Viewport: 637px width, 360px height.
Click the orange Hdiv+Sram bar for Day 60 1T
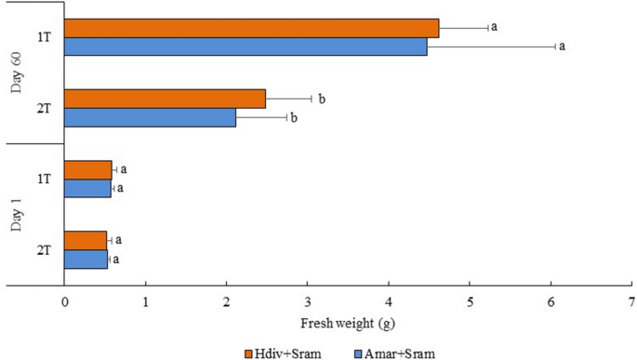click(251, 28)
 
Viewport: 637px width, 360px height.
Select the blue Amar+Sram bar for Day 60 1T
click(246, 46)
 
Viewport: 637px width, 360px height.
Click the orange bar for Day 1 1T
click(87, 170)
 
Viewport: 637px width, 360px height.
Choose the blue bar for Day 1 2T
click(86, 259)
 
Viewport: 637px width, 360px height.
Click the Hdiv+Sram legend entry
click(287, 353)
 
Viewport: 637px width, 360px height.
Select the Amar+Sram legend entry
click(395, 353)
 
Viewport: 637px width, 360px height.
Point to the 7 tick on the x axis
click(631, 301)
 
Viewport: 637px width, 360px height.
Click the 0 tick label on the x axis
click(64, 301)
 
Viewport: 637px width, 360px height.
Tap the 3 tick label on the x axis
click(308, 301)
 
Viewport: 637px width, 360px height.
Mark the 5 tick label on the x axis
click(470, 301)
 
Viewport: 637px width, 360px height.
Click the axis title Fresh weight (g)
click(348, 325)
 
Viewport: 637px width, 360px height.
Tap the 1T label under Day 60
click(44, 37)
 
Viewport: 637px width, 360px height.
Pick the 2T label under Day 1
click(44, 249)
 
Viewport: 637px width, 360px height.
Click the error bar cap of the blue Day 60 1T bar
click(555, 46)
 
